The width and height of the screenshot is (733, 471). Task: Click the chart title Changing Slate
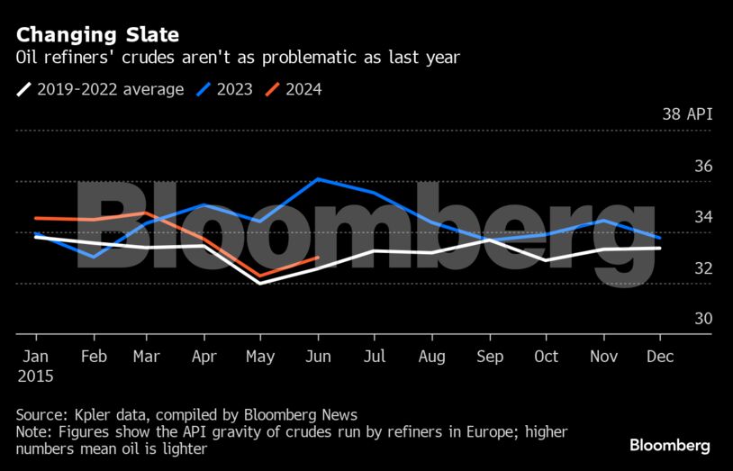[x=97, y=35]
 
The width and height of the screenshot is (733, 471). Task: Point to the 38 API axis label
[x=687, y=114]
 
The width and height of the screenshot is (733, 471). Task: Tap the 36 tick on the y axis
[x=703, y=167]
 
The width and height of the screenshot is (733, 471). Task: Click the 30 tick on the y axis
[x=703, y=319]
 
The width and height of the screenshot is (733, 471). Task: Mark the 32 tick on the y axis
[x=703, y=268]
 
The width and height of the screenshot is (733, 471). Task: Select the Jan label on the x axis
[x=35, y=357]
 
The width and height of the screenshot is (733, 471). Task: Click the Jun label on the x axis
[x=320, y=357]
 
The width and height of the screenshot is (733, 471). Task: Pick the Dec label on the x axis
[x=660, y=357]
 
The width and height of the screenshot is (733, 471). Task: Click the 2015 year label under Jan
[x=36, y=376]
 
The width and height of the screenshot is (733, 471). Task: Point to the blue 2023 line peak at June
[x=318, y=178]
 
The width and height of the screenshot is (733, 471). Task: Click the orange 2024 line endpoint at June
[x=318, y=258]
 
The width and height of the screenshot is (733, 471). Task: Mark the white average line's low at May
[x=260, y=284]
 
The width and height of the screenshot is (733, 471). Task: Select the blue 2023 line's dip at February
[x=94, y=257]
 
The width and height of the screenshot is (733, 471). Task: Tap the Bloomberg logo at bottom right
[x=669, y=446]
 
